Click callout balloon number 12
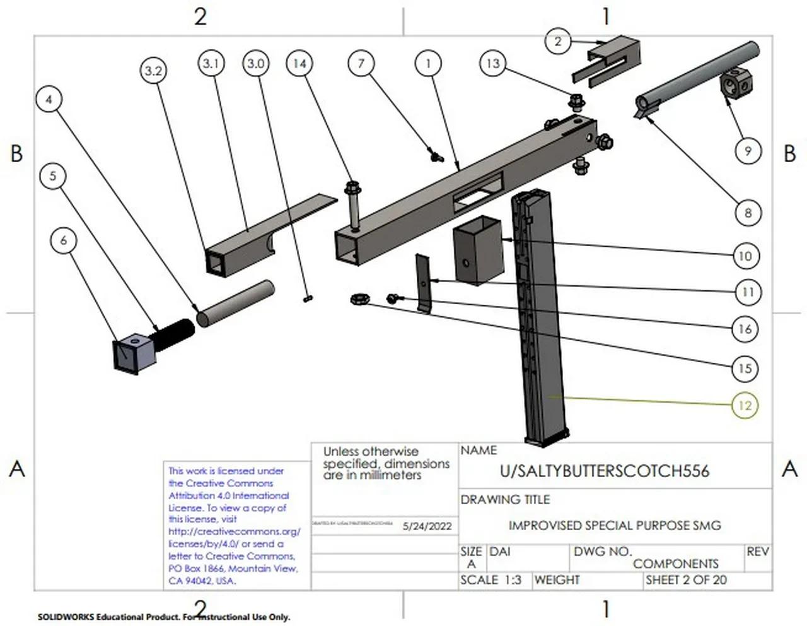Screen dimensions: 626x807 (x=745, y=405)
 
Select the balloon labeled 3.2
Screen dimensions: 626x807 (x=153, y=71)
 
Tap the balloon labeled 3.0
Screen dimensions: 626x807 (x=255, y=63)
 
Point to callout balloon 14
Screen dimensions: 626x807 (x=299, y=63)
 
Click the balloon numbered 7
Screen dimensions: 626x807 (x=361, y=63)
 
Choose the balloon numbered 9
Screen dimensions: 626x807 (x=748, y=150)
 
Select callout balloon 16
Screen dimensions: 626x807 (x=745, y=329)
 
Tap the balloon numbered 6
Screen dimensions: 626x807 (x=63, y=240)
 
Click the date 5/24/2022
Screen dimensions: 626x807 (x=427, y=526)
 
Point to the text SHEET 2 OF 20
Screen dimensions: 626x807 (x=685, y=580)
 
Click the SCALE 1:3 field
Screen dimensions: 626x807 (x=491, y=580)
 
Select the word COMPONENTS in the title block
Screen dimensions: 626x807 (x=675, y=564)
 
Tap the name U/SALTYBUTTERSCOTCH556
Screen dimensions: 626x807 (x=604, y=471)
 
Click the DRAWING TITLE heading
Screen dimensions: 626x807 (x=505, y=500)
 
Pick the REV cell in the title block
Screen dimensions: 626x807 (x=757, y=552)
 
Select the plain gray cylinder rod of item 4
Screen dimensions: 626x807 (x=235, y=303)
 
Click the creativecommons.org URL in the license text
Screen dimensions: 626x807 (x=234, y=531)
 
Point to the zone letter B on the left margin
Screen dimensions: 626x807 (x=17, y=153)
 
